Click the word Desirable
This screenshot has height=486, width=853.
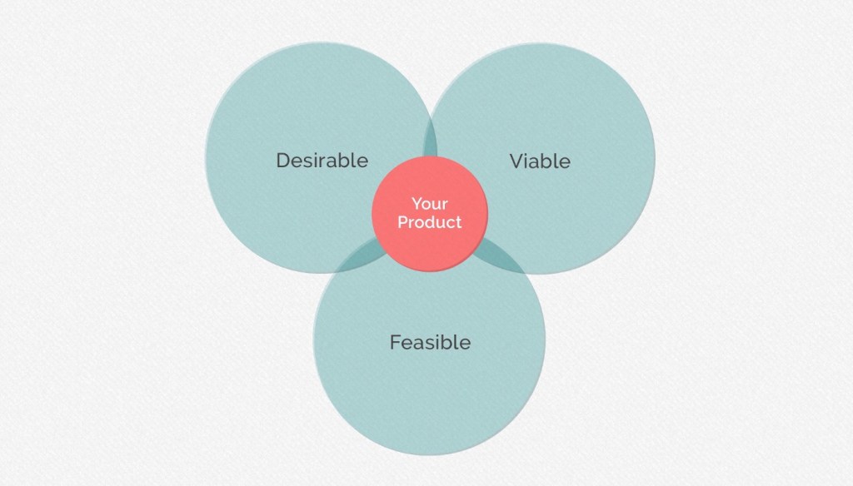pos(322,160)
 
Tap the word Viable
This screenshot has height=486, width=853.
pos(540,161)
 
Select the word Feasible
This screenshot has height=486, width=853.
pos(430,342)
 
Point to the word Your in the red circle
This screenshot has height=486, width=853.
pos(429,204)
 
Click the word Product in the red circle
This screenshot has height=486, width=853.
pos(429,222)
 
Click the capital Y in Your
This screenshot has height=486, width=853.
pos(416,204)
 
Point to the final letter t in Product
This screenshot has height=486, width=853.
pos(458,222)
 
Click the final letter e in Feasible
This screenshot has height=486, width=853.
pos(465,343)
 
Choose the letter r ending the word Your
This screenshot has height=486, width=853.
pos(445,205)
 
